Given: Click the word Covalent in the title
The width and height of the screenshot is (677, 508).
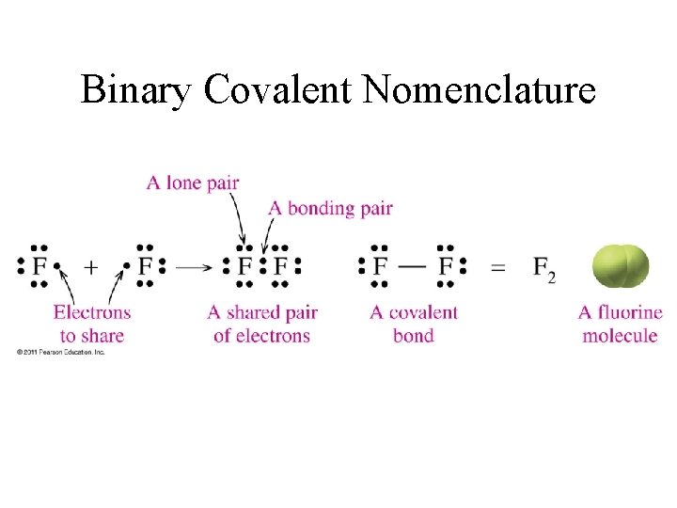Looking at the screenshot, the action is point(277,90).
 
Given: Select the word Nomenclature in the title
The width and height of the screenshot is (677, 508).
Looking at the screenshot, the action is point(479,90).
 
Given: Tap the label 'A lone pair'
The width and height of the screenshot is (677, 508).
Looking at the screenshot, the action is point(193,183).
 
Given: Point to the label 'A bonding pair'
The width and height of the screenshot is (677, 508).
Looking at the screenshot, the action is point(330,208).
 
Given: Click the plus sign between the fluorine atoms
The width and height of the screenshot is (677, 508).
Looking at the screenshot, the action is point(90,267).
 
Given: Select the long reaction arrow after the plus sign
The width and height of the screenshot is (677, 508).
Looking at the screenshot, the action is point(195,267).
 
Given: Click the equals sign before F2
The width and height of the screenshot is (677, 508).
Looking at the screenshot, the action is point(498,268).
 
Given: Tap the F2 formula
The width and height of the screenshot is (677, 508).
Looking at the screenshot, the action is point(543,269).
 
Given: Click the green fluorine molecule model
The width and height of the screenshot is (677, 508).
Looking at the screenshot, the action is point(620,266).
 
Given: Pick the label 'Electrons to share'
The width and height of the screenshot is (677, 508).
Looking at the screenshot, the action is point(91,323).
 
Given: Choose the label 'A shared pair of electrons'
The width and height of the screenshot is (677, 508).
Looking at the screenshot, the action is point(262,323).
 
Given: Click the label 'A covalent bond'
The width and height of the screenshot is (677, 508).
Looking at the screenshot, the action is point(414,323).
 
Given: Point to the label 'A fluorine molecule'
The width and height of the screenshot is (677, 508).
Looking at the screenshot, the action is point(620,323).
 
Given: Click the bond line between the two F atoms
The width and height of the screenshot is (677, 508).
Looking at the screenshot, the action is point(413,267).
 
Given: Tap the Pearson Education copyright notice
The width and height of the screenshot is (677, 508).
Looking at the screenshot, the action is point(60,352).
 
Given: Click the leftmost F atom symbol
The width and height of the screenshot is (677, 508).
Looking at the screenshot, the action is point(39,268).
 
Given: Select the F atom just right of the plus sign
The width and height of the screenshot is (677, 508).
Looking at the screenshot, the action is point(145,268).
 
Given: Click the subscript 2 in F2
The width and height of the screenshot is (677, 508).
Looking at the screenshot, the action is point(551,277).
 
